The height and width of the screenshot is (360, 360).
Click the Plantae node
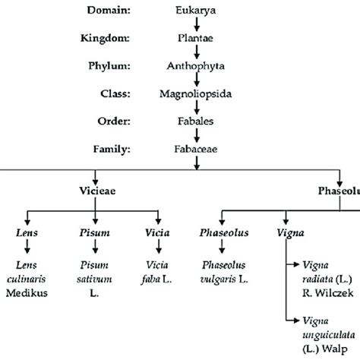click(x=197, y=36)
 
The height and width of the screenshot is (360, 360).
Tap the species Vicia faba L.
click(x=159, y=270)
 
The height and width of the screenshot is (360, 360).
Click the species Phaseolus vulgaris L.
click(x=222, y=270)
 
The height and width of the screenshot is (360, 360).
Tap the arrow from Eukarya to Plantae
click(x=197, y=24)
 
